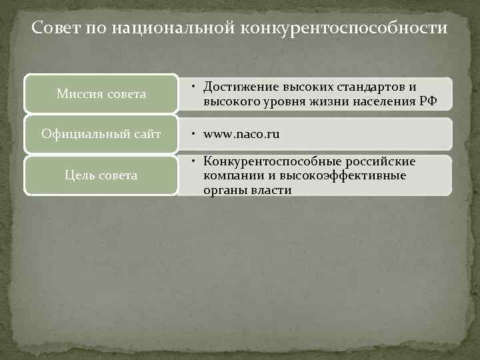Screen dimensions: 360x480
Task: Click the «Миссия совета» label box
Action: [x=101, y=94]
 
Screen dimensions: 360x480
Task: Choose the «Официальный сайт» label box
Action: [x=101, y=134]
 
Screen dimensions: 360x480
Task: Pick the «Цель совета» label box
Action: [x=101, y=175]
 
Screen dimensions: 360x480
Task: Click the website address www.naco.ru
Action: [x=241, y=134]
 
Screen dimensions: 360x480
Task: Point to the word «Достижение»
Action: [x=241, y=87]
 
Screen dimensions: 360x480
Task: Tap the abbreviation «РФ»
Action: [x=429, y=101]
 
